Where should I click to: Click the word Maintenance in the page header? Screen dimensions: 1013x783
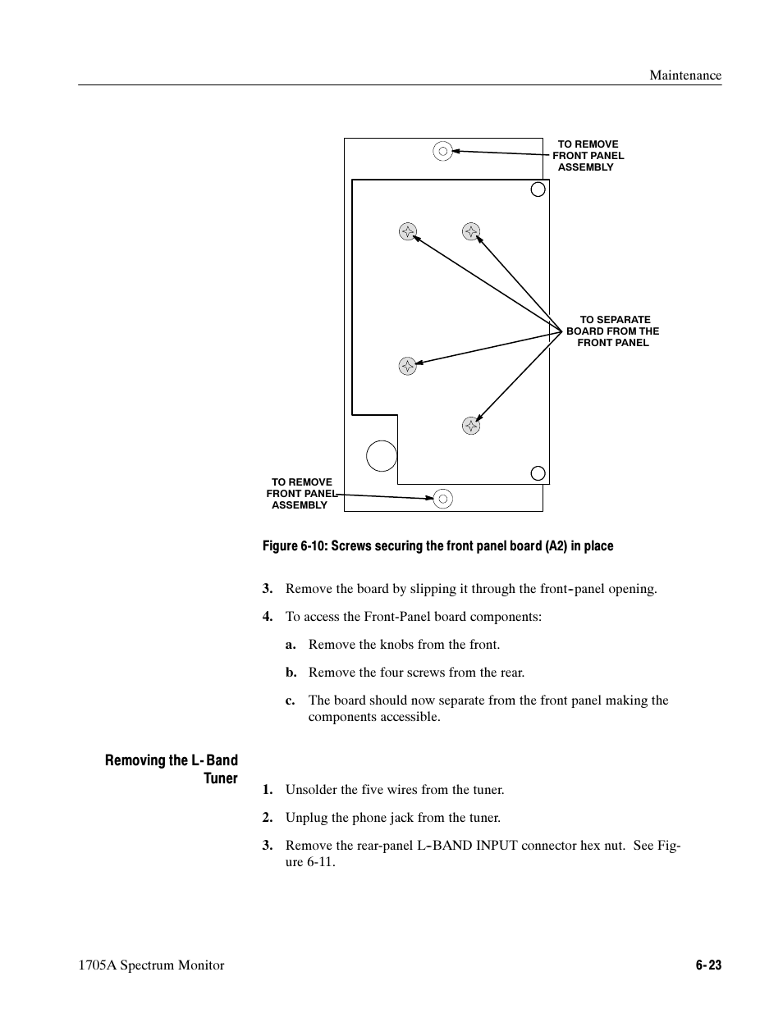(685, 75)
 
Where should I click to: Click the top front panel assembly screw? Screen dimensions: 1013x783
(442, 151)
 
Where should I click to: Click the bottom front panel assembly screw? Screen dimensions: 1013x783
(442, 498)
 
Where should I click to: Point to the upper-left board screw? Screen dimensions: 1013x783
(407, 231)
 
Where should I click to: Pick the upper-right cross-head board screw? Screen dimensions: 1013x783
(470, 231)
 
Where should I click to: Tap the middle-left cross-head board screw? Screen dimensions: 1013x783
(407, 366)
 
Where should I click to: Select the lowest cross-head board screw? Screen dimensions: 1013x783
(470, 425)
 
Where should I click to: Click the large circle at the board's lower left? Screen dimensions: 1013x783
(382, 455)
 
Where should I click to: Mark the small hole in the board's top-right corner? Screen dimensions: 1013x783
(538, 189)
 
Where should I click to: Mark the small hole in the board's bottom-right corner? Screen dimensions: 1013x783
(538, 472)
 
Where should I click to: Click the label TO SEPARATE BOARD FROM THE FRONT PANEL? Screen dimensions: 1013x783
(612, 331)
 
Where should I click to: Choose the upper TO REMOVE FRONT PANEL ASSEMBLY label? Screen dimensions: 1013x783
(588, 156)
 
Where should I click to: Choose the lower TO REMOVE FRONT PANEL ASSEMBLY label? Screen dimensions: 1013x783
(301, 494)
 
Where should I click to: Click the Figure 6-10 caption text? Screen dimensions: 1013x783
(437, 546)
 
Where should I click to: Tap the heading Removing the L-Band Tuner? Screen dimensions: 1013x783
(172, 769)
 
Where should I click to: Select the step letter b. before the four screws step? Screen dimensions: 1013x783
(291, 673)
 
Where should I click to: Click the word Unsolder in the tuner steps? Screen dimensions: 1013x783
(312, 790)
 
